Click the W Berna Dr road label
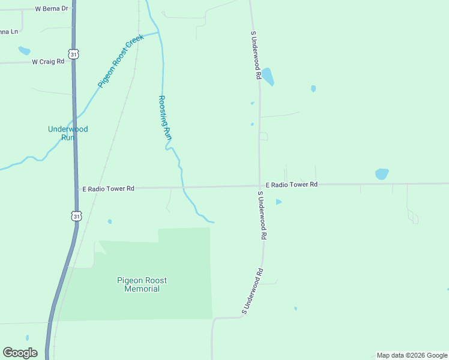(52, 10)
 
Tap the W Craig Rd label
(48, 61)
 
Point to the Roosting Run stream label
(164, 119)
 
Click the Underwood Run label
(68, 133)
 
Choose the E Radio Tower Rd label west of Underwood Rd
(108, 188)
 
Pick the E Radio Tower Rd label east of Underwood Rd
(291, 185)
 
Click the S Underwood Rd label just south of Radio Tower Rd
(262, 215)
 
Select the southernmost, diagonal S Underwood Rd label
(252, 291)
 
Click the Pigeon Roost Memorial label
(142, 284)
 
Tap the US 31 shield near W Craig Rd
(73, 54)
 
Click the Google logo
(20, 353)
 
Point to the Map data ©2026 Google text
(412, 355)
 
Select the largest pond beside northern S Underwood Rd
(267, 76)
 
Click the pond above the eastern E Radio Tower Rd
(382, 174)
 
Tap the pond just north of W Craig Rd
(24, 51)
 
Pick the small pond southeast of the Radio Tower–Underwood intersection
(279, 202)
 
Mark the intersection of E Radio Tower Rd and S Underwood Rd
(259, 186)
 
